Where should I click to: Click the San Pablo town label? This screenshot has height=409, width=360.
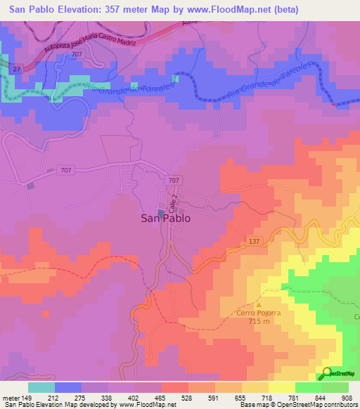(165, 218)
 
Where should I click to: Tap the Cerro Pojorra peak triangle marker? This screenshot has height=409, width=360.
(258, 304)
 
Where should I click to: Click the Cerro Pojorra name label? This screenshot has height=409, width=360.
(257, 312)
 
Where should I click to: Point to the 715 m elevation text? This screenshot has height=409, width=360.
(257, 320)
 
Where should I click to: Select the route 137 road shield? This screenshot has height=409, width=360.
(255, 241)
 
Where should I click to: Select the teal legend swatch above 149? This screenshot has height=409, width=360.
(41, 387)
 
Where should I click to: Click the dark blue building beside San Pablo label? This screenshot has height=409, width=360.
(160, 213)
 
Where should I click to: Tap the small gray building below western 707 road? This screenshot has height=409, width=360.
(30, 186)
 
